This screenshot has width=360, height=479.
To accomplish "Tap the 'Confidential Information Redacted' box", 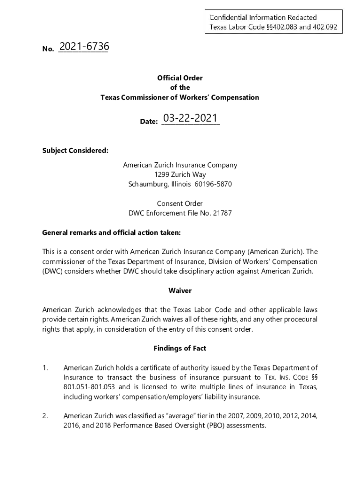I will click(273, 22).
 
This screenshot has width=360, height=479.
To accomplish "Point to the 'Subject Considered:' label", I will click(75, 150).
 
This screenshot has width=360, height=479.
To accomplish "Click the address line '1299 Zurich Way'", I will click(180, 174).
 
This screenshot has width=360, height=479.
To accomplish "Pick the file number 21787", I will click(222, 213).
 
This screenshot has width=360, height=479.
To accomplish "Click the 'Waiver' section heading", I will click(180, 290).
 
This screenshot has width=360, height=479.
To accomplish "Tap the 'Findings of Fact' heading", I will click(180, 348).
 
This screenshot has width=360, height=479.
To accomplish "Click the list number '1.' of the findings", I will click(45, 368).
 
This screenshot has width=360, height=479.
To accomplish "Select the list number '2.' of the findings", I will click(45, 416).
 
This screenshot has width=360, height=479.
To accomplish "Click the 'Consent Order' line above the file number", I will click(180, 203).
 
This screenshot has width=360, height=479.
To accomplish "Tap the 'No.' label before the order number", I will click(48, 49).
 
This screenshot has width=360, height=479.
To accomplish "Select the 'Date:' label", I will click(149, 122).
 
